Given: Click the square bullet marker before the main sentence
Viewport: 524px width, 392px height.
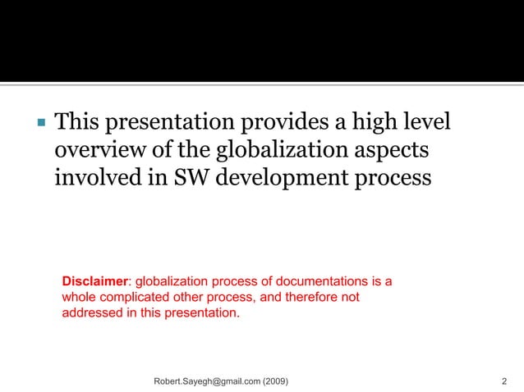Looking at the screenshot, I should click(x=39, y=125).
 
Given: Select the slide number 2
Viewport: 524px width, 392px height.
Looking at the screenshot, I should click(x=503, y=381).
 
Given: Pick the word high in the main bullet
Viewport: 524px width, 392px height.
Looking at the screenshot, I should click(x=375, y=124).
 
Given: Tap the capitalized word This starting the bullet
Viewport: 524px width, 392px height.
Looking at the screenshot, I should click(x=80, y=124).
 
